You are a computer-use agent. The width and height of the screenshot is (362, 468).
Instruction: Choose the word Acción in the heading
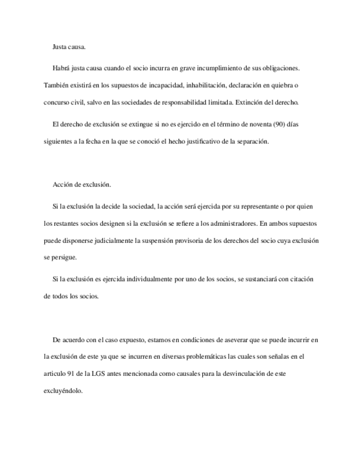(x=63, y=184)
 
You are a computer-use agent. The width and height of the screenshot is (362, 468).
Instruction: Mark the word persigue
(x=66, y=257)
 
